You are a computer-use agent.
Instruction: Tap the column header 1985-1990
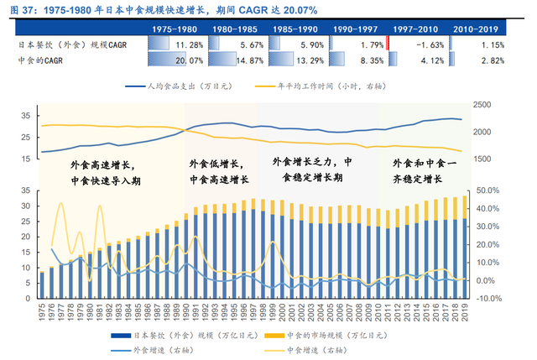[290, 29]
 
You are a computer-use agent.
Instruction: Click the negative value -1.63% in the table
[419, 44]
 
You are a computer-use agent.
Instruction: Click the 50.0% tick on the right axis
[488, 191]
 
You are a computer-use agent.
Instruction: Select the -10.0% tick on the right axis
[488, 298]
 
